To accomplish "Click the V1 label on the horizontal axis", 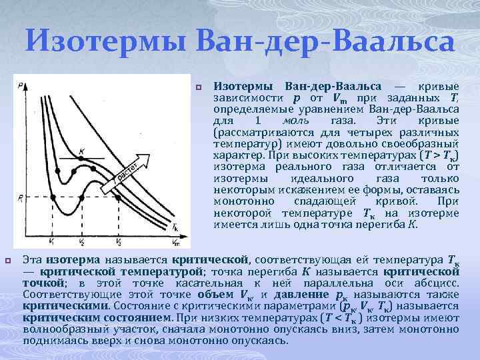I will coord(53,241).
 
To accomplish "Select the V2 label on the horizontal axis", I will coord(81,241).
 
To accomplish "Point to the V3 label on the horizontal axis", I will coord(118,241).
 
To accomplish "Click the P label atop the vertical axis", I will coord(23,85).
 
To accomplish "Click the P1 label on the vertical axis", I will coord(21,197).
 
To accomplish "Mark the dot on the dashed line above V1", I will coord(53,196).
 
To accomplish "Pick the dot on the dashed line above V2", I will coord(81,196).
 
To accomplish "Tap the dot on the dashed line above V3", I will coord(118,196).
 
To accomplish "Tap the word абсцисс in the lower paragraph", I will coord(440,283).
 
